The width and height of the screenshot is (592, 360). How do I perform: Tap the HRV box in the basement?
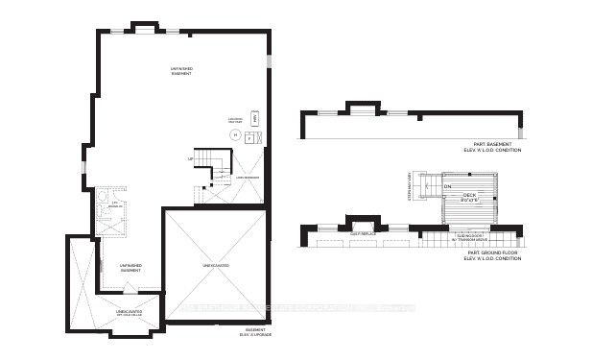(x=254, y=118)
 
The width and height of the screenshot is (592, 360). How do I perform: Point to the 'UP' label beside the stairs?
(x=191, y=158)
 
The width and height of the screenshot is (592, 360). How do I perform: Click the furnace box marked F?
(x=249, y=138)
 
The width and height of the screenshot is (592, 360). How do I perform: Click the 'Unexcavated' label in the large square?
(x=215, y=264)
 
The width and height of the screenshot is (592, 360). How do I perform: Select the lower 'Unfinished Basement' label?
(x=131, y=268)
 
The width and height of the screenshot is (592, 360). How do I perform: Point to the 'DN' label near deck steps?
(x=447, y=186)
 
